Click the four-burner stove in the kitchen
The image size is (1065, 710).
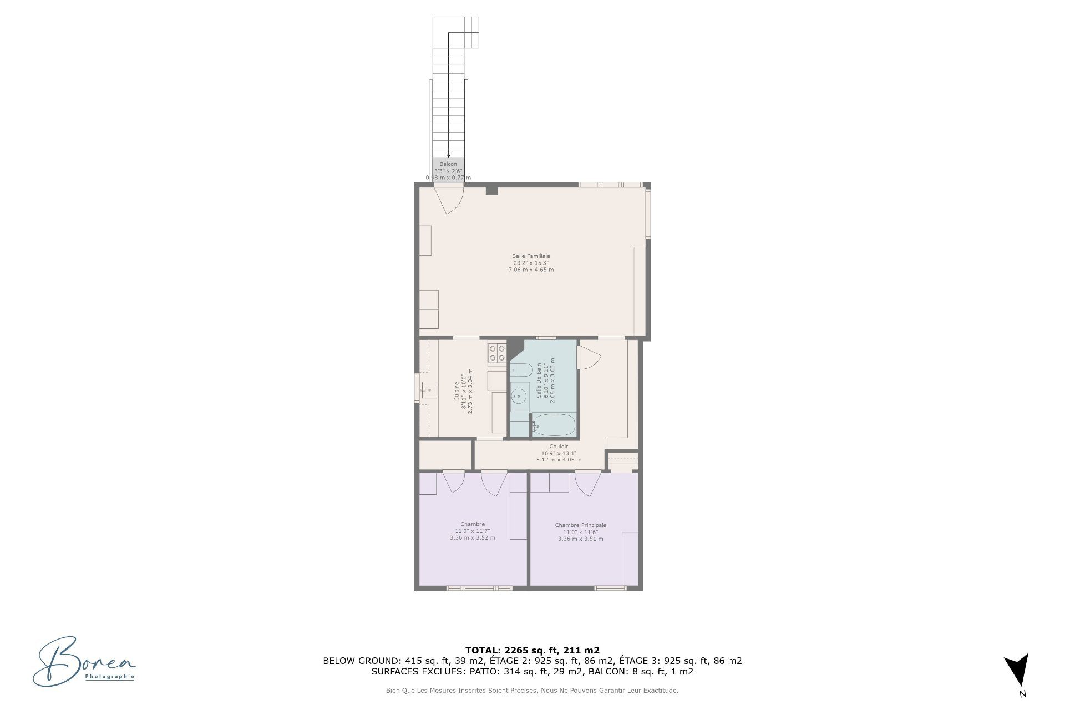[497, 353]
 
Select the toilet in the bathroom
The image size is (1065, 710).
[521, 370]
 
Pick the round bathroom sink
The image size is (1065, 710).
[519, 396]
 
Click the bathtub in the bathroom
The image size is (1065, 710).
[554, 425]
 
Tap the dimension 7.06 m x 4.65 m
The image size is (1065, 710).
[531, 270]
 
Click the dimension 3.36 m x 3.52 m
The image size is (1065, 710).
[473, 537]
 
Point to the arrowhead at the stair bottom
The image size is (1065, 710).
[448, 156]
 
